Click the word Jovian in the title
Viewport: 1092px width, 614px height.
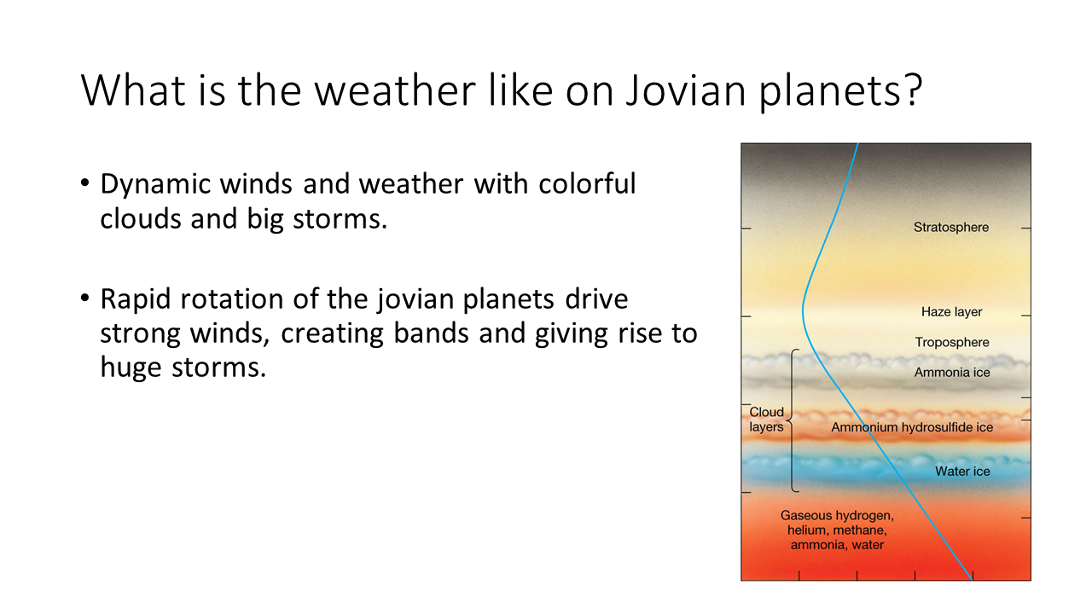[686, 90]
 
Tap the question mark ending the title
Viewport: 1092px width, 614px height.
[909, 90]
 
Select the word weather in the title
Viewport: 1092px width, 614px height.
[395, 90]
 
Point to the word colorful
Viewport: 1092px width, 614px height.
[587, 183]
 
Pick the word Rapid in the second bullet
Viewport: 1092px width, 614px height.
[136, 299]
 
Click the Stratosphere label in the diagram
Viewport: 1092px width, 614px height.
[951, 228]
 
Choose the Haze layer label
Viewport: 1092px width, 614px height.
[951, 312]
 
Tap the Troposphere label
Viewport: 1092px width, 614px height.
[952, 343]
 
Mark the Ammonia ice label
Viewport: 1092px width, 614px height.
[952, 373]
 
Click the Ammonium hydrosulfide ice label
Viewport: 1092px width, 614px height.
[912, 427]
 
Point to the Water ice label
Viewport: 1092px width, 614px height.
[962, 472]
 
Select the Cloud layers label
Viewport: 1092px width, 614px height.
[766, 420]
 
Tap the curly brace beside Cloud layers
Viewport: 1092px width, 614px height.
[791, 420]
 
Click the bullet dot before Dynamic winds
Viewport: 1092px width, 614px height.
[85, 183]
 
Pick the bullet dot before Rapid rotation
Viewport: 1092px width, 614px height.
[85, 298]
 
